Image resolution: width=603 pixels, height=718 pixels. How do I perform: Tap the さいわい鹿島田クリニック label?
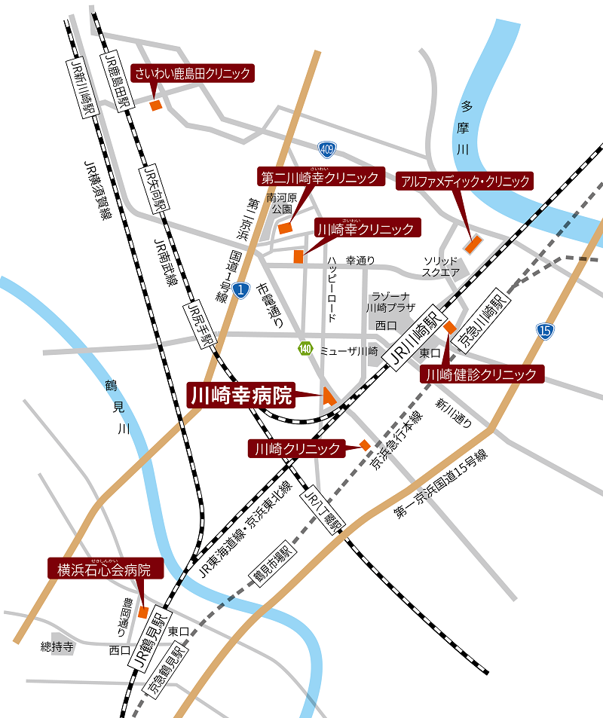pyautogui.click(x=191, y=74)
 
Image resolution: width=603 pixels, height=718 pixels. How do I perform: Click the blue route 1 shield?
pyautogui.click(x=240, y=289)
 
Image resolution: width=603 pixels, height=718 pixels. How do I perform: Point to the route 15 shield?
pyautogui.click(x=545, y=329)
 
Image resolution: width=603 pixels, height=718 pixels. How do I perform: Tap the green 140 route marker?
pyautogui.click(x=305, y=348)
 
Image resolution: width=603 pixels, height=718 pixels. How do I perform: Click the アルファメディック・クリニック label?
pyautogui.click(x=465, y=181)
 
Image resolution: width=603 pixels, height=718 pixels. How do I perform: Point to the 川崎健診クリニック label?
pyautogui.click(x=482, y=374)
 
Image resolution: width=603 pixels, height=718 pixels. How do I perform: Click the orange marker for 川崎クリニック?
pyautogui.click(x=365, y=445)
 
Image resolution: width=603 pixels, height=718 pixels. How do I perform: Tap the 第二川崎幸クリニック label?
pyautogui.click(x=320, y=177)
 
